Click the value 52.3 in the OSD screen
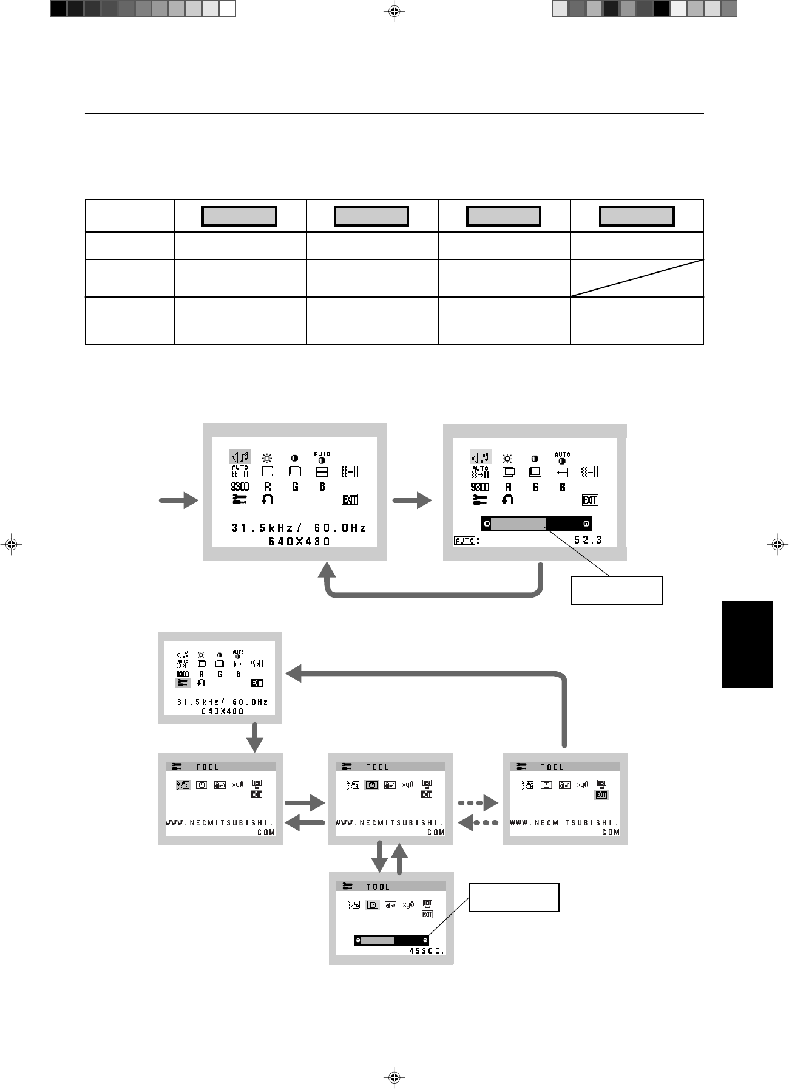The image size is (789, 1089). [x=588, y=540]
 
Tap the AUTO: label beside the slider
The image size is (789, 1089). [x=467, y=540]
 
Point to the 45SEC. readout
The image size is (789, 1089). [x=427, y=951]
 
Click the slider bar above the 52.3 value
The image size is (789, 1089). [x=536, y=524]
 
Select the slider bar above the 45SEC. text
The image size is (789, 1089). [x=391, y=940]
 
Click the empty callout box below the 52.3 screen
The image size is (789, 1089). [x=616, y=590]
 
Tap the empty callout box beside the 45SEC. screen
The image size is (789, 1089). [x=513, y=898]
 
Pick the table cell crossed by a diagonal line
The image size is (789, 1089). [x=637, y=278]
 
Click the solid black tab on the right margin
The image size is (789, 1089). [x=747, y=644]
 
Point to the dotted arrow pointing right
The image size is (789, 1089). [x=478, y=803]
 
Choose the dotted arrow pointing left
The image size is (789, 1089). [x=478, y=823]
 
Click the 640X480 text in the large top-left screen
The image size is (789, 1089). [x=299, y=541]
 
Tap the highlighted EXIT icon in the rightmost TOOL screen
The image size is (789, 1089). [x=601, y=794]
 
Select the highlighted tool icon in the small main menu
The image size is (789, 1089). [x=182, y=683]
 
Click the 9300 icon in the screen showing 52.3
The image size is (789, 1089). [x=479, y=487]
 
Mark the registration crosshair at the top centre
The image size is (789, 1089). [x=394, y=11]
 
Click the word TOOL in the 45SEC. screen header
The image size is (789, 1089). [x=378, y=887]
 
